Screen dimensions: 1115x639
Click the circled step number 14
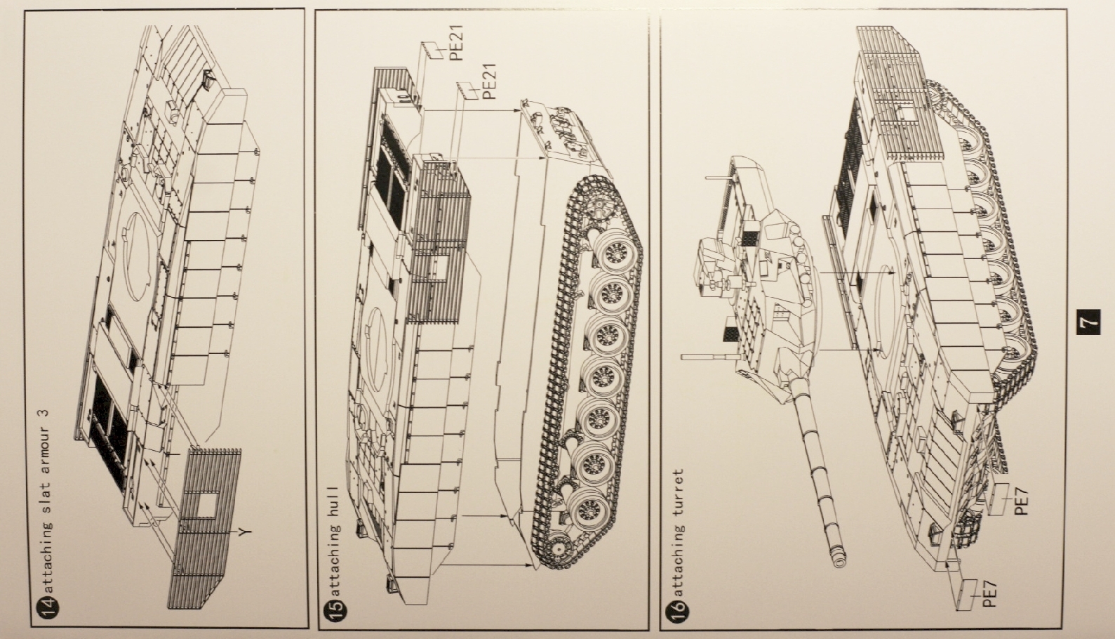pyautogui.click(x=44, y=609)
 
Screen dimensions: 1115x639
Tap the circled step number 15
pyautogui.click(x=336, y=609)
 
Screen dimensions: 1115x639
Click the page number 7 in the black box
pyautogui.click(x=1088, y=322)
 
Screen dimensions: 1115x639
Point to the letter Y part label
pyautogui.click(x=244, y=532)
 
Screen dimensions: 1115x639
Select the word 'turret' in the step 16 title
pyautogui.click(x=677, y=495)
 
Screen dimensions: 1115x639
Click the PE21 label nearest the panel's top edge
pyautogui.click(x=456, y=43)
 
